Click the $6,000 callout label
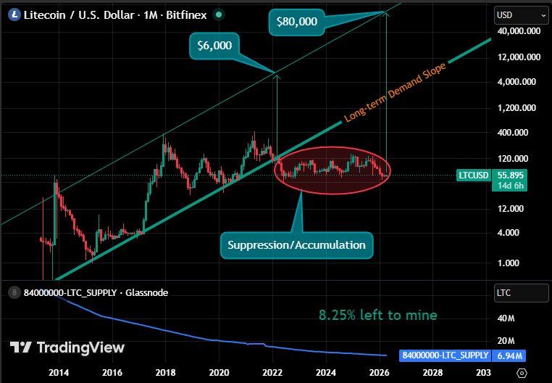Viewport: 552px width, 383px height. click(214, 45)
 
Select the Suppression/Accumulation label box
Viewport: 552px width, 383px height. click(297, 245)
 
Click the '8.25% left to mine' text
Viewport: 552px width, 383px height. click(378, 315)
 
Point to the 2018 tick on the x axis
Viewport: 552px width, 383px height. click(166, 372)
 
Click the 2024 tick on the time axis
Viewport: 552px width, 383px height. click(326, 372)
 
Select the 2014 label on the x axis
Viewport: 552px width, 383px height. click(59, 372)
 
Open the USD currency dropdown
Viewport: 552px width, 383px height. click(520, 15)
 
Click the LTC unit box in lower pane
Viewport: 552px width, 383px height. click(520, 293)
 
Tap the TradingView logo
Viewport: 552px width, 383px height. click(67, 348)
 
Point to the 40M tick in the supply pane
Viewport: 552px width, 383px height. click(506, 318)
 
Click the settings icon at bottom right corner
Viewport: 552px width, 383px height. click(522, 372)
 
